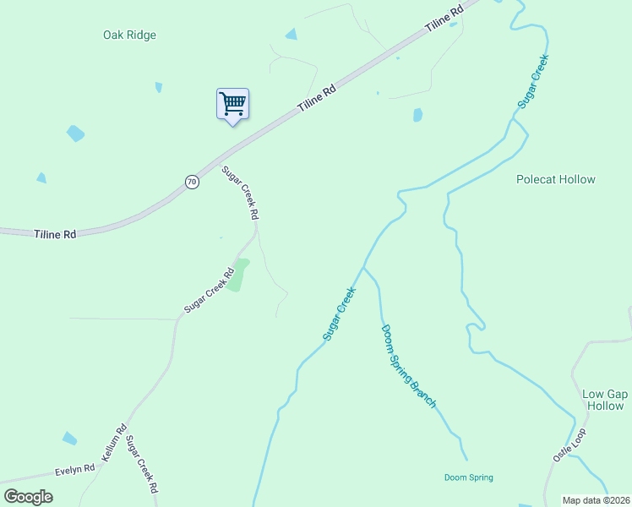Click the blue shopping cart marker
(x=232, y=105)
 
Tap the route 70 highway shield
(x=193, y=182)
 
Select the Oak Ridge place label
(x=130, y=35)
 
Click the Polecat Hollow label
(x=556, y=179)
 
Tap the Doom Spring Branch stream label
(x=409, y=366)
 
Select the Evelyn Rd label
(x=74, y=469)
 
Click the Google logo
(x=29, y=497)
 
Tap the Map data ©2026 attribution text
(x=596, y=500)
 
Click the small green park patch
(x=239, y=275)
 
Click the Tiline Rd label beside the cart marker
(x=317, y=98)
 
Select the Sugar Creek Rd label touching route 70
(x=240, y=193)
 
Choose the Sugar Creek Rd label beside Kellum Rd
(x=141, y=465)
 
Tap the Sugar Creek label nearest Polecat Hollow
(x=534, y=80)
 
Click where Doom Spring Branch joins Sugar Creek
(x=363, y=267)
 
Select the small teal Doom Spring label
(x=468, y=477)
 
